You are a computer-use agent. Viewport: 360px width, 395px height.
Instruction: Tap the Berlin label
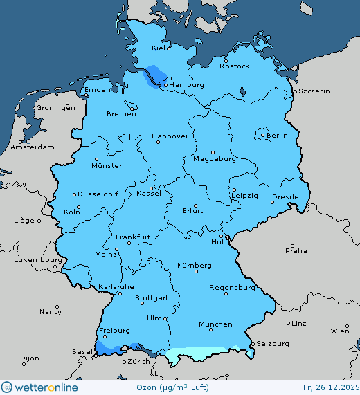coord(277,136)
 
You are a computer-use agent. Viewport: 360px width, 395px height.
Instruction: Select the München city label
coord(215,324)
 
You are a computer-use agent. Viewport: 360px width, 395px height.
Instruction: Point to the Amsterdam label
coord(33,147)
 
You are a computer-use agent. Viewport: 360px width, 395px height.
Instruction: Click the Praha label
coord(297,250)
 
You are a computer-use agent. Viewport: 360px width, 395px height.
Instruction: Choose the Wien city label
coord(340,331)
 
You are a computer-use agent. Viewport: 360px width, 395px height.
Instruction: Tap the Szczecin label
coord(314,91)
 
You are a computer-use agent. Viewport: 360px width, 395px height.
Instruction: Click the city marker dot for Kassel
coord(151,187)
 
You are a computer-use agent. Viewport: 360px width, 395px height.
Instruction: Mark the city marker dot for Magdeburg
coord(213,152)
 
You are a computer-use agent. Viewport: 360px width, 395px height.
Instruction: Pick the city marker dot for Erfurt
coord(195,205)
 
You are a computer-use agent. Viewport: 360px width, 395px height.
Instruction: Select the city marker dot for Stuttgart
coord(146,292)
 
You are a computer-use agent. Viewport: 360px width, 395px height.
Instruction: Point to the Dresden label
coord(287,197)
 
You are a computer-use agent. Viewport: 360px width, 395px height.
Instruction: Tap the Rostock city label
coord(234,66)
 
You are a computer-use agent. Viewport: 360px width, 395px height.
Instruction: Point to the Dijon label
coord(30,358)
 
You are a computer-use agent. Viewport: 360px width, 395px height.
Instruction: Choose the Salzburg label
coord(272,343)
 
